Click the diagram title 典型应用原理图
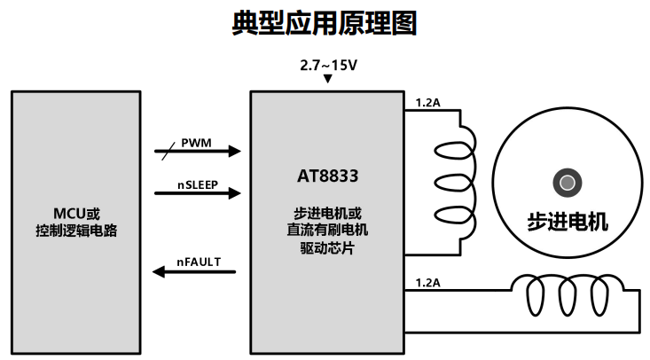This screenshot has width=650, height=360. (325, 24)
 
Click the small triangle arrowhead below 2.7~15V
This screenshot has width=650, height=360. (329, 80)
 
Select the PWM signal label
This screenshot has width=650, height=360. (198, 142)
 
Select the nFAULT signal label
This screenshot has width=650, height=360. (198, 261)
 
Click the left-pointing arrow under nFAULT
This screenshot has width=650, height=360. (195, 271)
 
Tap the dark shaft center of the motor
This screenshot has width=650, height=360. (567, 184)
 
